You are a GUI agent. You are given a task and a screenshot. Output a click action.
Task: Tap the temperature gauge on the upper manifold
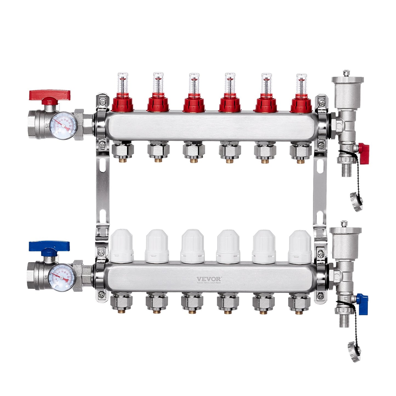point(64,126)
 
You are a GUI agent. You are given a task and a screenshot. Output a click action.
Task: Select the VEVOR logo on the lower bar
point(209,279)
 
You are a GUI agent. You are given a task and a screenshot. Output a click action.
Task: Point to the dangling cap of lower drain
point(354,348)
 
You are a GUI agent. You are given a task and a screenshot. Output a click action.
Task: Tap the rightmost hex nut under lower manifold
point(299,303)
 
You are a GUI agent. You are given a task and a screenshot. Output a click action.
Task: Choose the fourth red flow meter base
point(230,103)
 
